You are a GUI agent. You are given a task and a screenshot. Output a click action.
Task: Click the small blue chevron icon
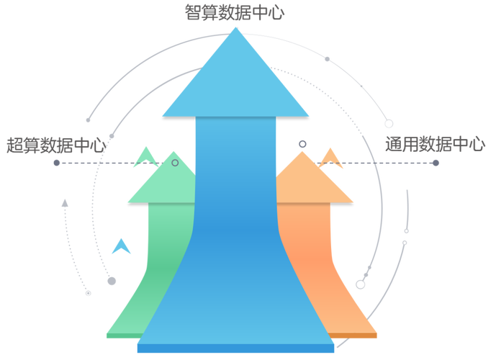[x=122, y=247]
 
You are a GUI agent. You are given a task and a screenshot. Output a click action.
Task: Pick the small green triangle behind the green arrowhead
[x=147, y=154]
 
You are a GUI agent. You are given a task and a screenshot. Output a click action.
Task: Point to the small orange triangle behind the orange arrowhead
[x=331, y=155]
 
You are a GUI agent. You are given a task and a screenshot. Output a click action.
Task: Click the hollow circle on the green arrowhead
[x=175, y=163]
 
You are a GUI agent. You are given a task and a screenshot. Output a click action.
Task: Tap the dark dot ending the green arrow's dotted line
[x=56, y=163]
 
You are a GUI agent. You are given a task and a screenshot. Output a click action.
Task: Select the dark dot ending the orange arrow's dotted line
[x=436, y=163]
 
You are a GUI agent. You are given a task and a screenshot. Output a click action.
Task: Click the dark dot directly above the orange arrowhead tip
[x=303, y=143]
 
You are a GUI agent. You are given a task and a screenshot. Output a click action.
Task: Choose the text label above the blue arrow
[x=234, y=13]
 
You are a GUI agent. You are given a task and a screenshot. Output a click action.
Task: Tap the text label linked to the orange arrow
[x=435, y=143]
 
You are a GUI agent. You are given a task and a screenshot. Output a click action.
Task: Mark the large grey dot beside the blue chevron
[x=112, y=281]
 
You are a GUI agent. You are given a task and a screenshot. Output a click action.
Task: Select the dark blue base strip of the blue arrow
[x=235, y=349]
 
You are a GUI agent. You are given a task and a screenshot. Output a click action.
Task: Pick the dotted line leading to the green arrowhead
[x=108, y=163]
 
